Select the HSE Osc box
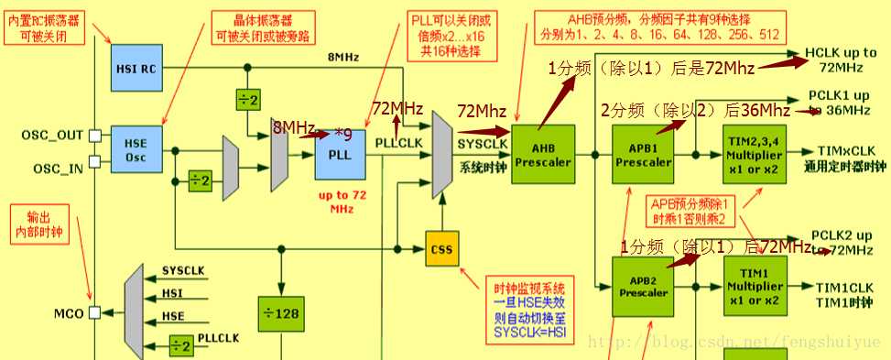pyautogui.click(x=136, y=148)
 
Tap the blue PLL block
pyautogui.click(x=341, y=154)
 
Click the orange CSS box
pyautogui.click(x=441, y=249)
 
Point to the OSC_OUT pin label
pyautogui.click(x=52, y=136)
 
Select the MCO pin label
pyautogui.click(x=68, y=313)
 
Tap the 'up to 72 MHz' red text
pyautogui.click(x=342, y=202)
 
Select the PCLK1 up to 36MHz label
pyautogui.click(x=838, y=103)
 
